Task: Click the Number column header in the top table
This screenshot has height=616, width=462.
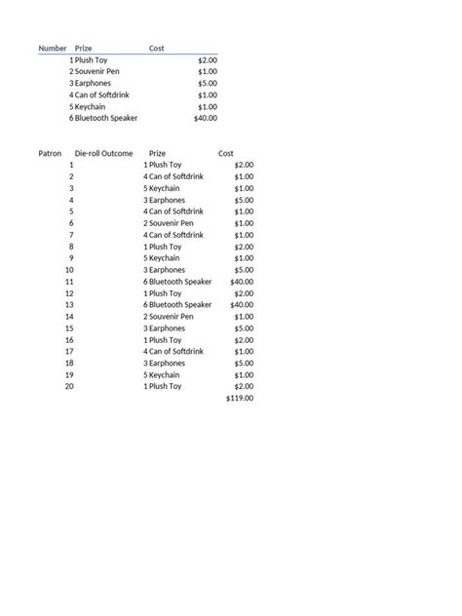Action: (x=53, y=48)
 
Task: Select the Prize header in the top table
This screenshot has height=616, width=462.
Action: (x=84, y=48)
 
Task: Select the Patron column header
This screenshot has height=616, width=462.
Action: (x=50, y=153)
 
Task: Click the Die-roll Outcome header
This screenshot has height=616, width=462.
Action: (x=103, y=153)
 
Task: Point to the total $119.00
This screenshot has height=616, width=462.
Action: (x=240, y=398)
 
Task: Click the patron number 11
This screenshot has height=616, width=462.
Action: (x=69, y=282)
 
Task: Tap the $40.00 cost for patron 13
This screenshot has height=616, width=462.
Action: (x=242, y=304)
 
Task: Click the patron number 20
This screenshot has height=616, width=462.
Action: (x=69, y=386)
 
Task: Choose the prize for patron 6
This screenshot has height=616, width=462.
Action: (x=173, y=223)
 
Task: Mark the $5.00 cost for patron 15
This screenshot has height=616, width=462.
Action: (x=244, y=327)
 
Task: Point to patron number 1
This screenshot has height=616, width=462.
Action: (x=71, y=165)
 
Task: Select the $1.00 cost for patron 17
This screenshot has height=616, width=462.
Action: (x=244, y=351)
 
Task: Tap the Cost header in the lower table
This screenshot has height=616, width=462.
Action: (x=226, y=153)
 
